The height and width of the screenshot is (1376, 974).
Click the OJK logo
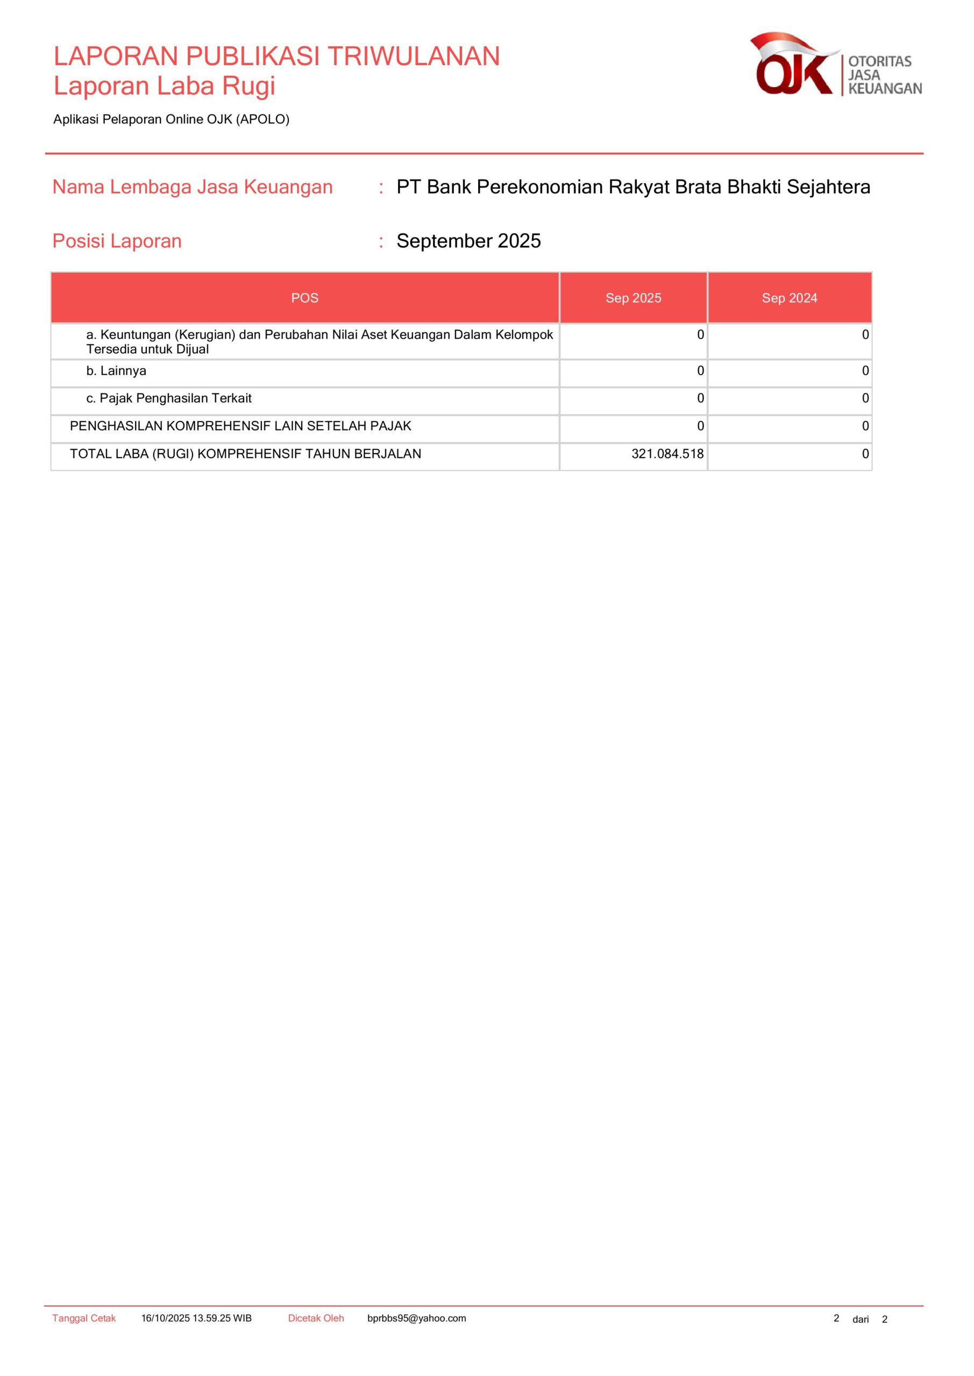[x=835, y=64]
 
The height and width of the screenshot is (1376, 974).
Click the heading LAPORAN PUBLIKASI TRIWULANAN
[x=276, y=56]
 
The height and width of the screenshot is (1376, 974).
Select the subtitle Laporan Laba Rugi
[x=165, y=85]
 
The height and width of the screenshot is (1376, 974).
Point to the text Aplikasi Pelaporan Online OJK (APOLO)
[x=172, y=119]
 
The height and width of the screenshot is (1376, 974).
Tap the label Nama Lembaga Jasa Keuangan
[x=193, y=187]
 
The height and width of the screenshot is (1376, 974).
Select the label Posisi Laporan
[x=117, y=241]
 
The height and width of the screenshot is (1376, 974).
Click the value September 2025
[x=468, y=241]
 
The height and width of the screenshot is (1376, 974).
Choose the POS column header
[x=304, y=298]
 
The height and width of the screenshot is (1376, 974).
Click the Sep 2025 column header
[x=634, y=298]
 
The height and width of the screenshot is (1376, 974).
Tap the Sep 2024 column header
[x=790, y=298]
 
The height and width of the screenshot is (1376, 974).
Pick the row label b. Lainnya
[x=116, y=371]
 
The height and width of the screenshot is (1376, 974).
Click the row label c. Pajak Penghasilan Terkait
[x=169, y=398]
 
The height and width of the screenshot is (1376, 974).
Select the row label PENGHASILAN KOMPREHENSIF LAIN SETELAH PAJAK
[x=240, y=426]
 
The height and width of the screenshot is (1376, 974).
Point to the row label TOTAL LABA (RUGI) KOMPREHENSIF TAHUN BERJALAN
[x=245, y=454]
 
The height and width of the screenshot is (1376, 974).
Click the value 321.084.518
[x=667, y=454]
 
